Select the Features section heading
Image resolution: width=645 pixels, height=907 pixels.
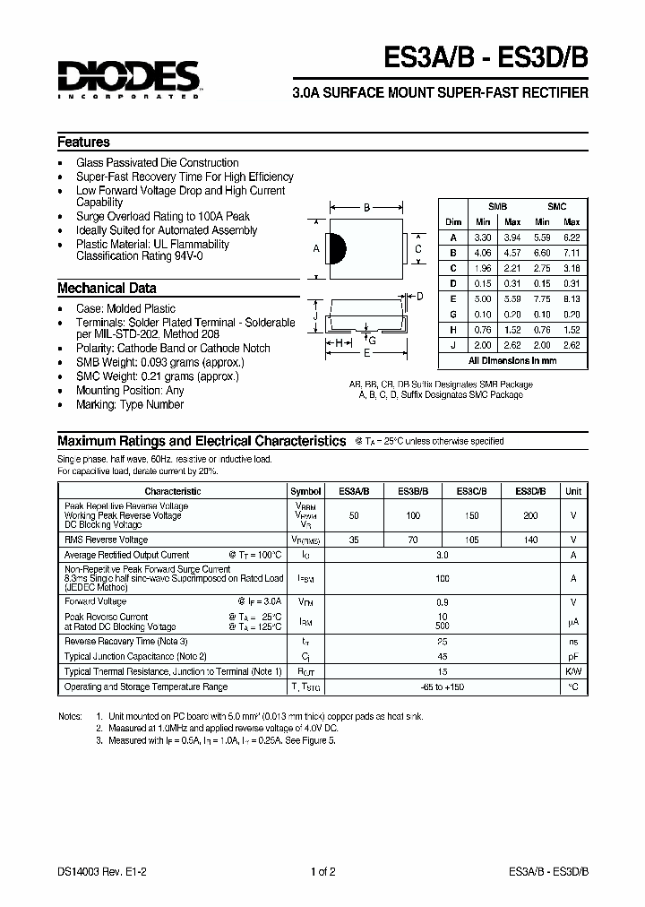pyautogui.click(x=83, y=143)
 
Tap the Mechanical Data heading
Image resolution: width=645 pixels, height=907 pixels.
pyautogui.click(x=107, y=289)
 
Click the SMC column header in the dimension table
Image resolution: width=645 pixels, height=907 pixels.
pyautogui.click(x=556, y=206)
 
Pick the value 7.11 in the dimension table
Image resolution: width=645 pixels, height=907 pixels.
pyautogui.click(x=572, y=253)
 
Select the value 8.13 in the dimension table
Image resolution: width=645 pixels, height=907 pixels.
pyautogui.click(x=572, y=298)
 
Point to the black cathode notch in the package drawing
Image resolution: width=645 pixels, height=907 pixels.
pyautogui.click(x=334, y=248)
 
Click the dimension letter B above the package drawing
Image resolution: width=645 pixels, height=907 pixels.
pyautogui.click(x=366, y=208)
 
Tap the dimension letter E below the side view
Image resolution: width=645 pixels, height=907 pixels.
pyautogui.click(x=365, y=353)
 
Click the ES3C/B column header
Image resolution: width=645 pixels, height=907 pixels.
pyautogui.click(x=472, y=491)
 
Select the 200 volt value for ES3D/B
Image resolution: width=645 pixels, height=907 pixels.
pyautogui.click(x=530, y=516)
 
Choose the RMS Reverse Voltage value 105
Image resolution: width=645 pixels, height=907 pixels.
pyautogui.click(x=472, y=540)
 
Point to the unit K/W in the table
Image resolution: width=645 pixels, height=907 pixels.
pyautogui.click(x=573, y=671)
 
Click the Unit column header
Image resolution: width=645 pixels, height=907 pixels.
pyautogui.click(x=573, y=491)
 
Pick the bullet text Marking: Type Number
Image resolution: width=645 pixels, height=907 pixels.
pyautogui.click(x=130, y=405)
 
